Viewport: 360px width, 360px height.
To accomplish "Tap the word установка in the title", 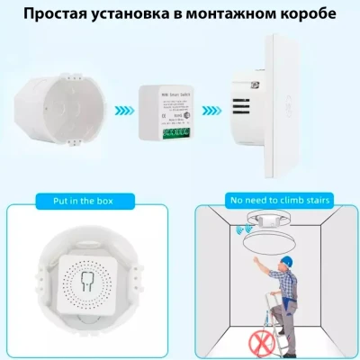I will [148, 15].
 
